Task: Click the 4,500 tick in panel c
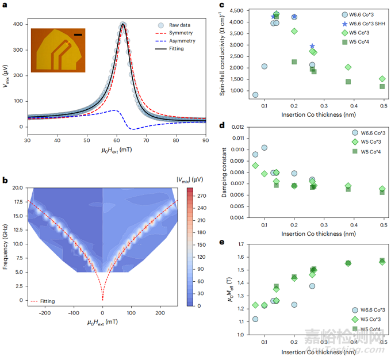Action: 240,10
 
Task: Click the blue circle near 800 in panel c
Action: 255,95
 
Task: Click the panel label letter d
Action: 221,125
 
